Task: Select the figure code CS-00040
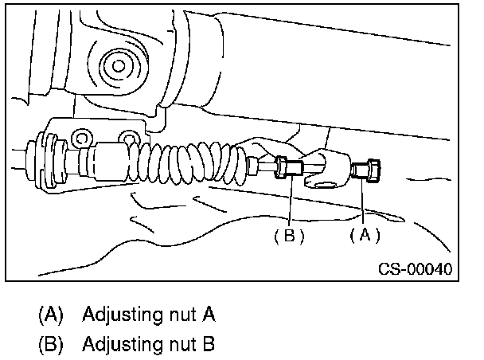(414, 268)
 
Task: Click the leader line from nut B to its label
(291, 203)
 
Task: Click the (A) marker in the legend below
(51, 315)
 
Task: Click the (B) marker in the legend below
(51, 345)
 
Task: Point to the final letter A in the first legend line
(209, 315)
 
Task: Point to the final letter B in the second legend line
(209, 345)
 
